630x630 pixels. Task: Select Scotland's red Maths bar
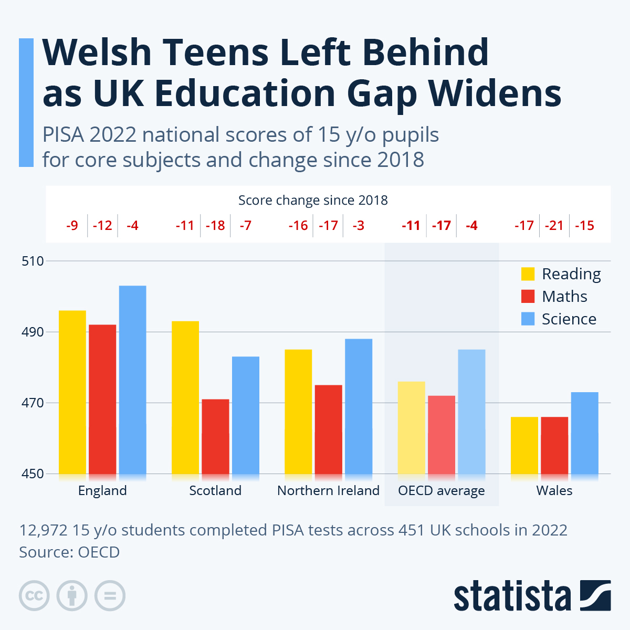[215, 436]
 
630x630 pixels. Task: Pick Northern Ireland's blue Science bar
[359, 406]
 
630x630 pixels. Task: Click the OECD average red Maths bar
[442, 435]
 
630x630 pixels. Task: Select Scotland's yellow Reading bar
[185, 397]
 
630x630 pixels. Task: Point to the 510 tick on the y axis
[33, 261]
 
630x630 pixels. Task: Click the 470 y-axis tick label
[33, 403]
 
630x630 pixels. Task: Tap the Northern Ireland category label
[328, 491]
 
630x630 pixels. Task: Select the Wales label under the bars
[554, 491]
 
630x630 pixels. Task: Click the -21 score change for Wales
[554, 226]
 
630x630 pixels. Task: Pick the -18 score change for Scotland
[215, 226]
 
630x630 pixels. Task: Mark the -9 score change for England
[72, 226]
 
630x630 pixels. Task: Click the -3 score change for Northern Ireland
[359, 226]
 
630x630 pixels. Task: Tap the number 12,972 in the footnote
[43, 530]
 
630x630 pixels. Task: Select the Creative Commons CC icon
[34, 596]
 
